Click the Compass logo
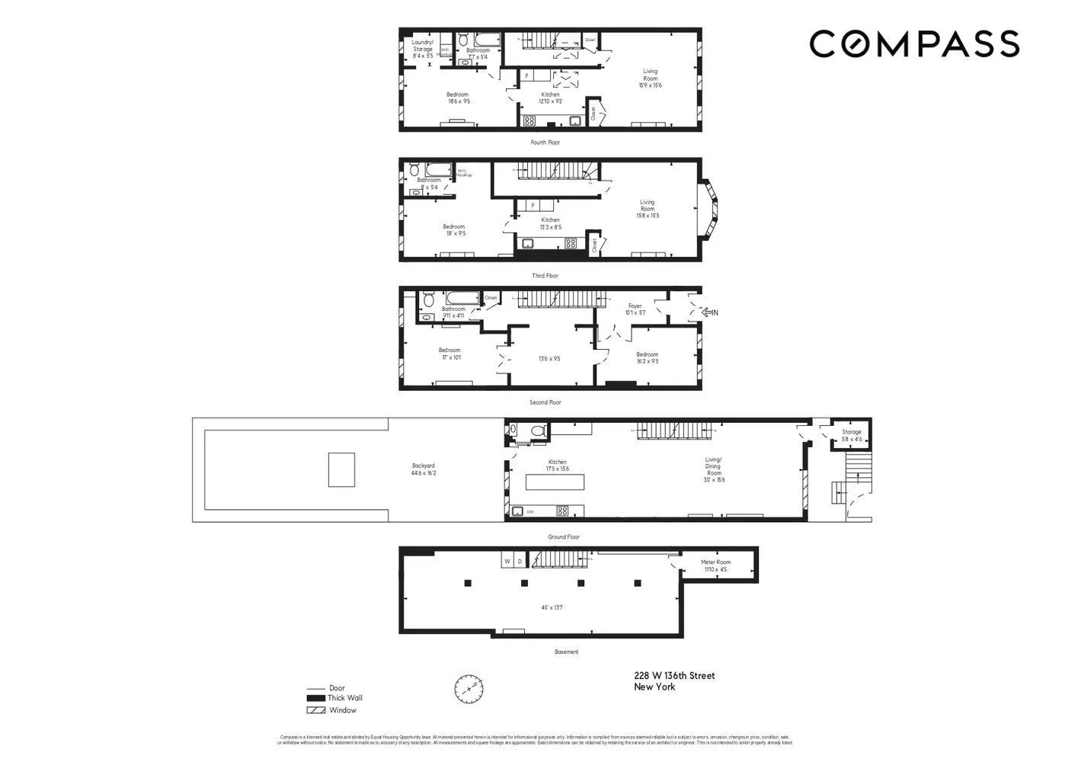coord(913,44)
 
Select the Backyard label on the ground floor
coord(424,469)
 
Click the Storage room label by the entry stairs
coord(851,435)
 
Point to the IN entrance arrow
coord(709,312)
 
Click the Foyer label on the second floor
coord(635,309)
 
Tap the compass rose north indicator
coord(469,689)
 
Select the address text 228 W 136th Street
coord(674,676)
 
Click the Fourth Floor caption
coord(545,142)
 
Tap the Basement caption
coord(566,652)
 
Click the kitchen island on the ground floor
coord(555,482)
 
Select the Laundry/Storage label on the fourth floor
coord(422,49)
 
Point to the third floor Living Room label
coord(647,209)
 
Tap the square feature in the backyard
coord(341,469)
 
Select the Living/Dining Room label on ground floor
coord(713,469)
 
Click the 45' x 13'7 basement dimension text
coord(552,607)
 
